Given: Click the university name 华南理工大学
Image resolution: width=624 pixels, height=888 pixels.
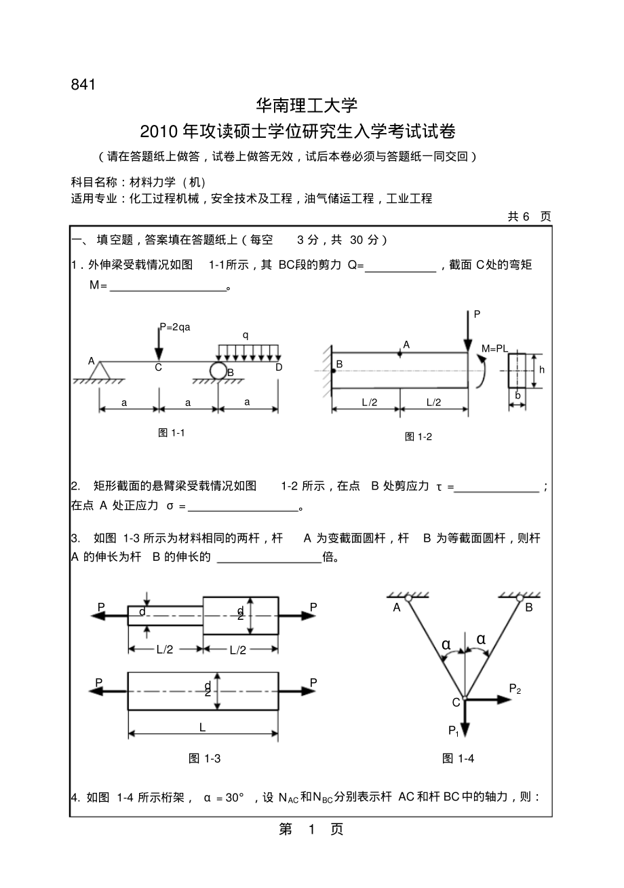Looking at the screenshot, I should coord(306,105).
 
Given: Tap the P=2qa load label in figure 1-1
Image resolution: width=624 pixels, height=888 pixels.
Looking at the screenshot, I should coord(175,327).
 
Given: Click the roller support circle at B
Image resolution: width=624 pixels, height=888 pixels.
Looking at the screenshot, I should coord(218,371).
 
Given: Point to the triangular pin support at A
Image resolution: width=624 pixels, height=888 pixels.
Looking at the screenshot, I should coord(102,371).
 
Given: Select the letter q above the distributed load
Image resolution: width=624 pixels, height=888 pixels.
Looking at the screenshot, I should coord(246,335).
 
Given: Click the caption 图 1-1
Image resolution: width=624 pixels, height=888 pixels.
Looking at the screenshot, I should coord(172,432).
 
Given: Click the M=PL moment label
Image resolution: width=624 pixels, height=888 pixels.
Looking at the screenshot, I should coord(494,348).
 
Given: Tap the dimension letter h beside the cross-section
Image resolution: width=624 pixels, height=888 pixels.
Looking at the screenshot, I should coord(542,370).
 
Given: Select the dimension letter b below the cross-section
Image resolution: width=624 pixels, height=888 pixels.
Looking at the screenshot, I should coord(518,394).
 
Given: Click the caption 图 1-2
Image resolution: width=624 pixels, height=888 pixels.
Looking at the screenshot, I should coord(418,437).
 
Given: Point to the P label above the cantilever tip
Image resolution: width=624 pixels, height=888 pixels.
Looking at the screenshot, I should coord(477,314).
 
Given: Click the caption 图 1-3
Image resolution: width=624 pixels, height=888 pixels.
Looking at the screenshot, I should coord(205,758).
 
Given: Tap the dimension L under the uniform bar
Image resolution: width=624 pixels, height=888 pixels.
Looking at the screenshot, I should coord(202,727).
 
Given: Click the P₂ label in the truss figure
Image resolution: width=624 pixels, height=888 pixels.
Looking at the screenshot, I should coord(515,689).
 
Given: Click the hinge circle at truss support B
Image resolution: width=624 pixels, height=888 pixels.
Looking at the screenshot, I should coord(520,598).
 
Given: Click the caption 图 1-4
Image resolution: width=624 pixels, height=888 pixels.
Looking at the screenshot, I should coord(458,758).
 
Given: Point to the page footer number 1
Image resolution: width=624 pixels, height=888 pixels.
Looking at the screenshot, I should coord(313,830).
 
